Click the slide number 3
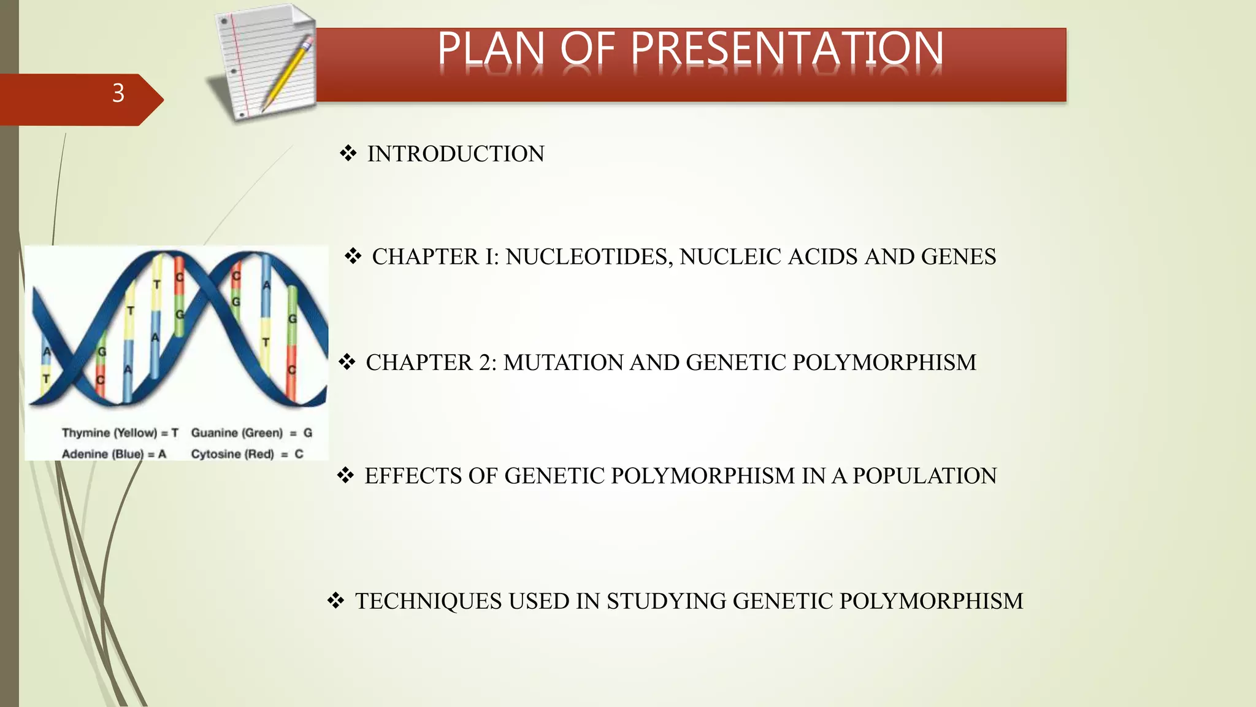(118, 93)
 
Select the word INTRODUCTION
(456, 154)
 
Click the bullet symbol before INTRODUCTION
(348, 153)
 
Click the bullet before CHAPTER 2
(347, 362)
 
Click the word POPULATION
(925, 476)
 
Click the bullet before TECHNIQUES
(335, 601)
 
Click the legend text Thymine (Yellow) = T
(120, 433)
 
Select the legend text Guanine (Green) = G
(251, 433)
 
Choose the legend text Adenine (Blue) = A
(114, 454)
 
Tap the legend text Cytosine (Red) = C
(247, 454)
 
